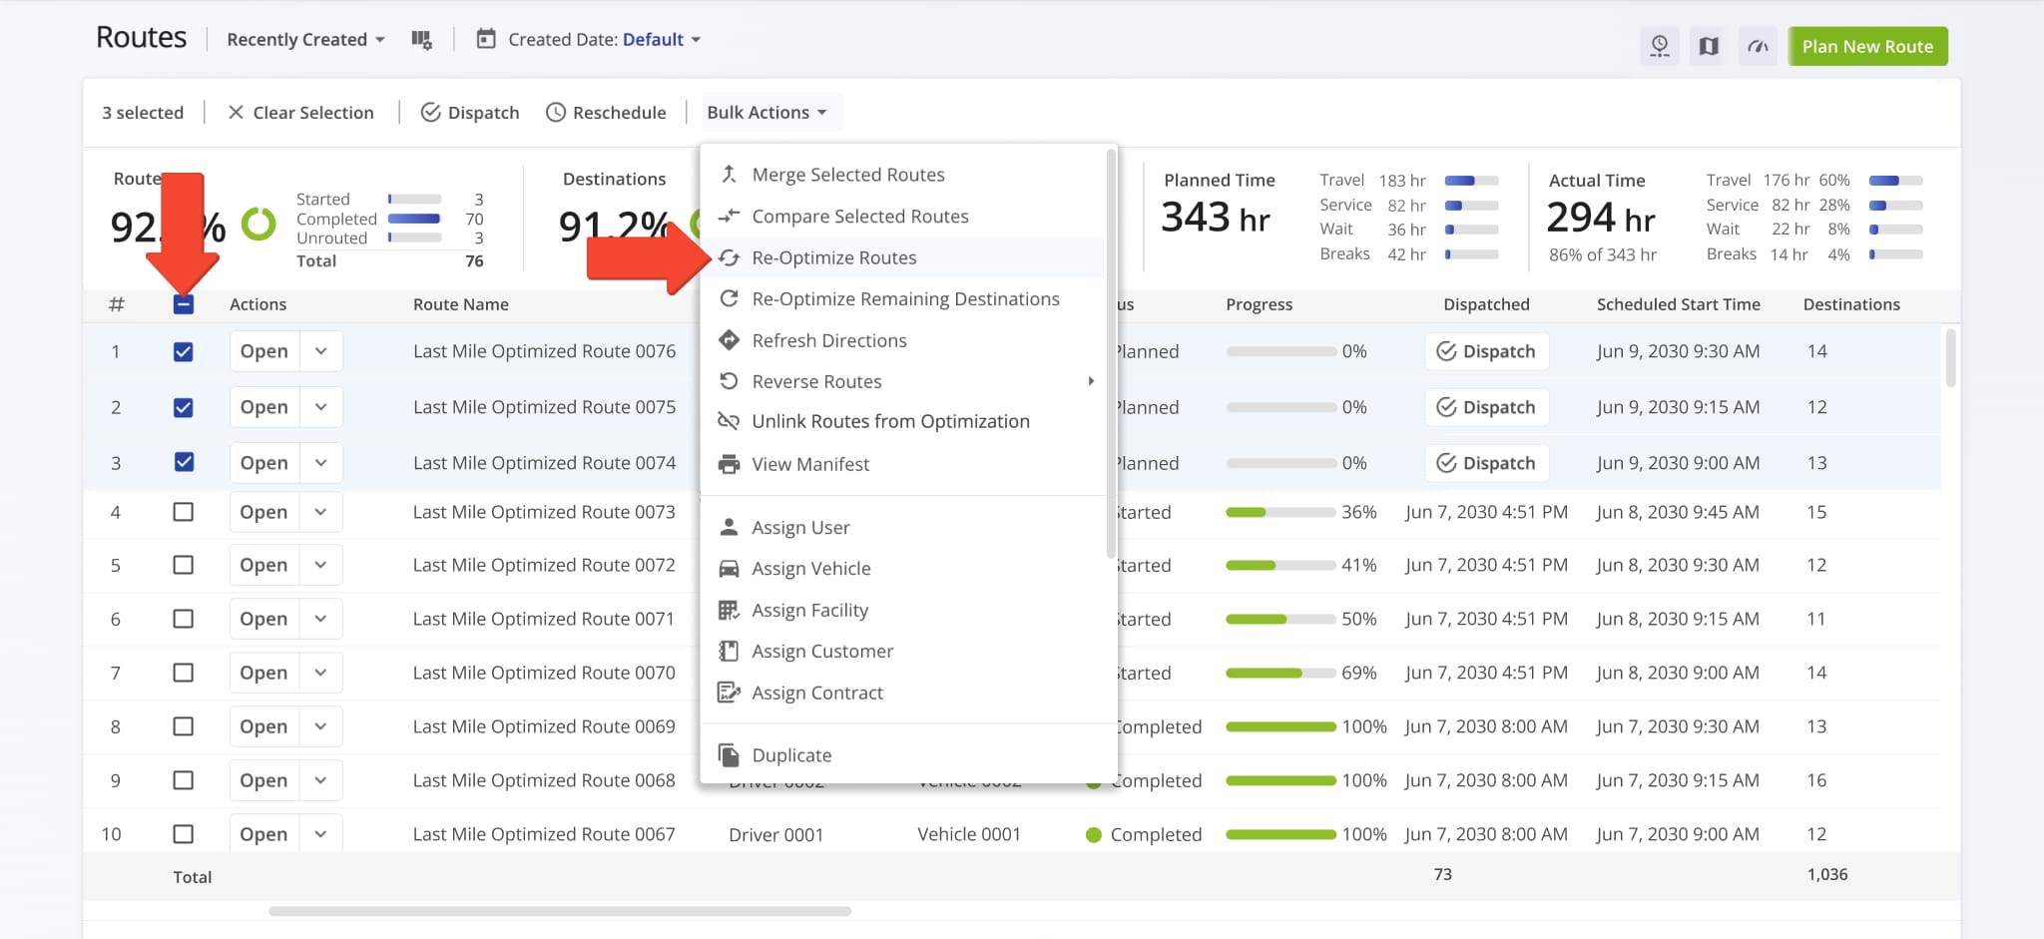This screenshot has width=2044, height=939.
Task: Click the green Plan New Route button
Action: coord(1866,46)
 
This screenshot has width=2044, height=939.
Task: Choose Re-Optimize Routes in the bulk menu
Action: coord(833,257)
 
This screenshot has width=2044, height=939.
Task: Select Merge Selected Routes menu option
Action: coord(847,175)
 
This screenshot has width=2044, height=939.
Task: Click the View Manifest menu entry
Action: coord(809,464)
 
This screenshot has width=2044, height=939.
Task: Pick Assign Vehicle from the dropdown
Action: coord(810,569)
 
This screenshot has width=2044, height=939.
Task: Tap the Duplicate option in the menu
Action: coord(790,755)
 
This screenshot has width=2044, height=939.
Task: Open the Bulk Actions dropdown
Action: coord(766,113)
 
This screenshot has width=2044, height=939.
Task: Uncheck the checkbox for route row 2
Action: coord(184,407)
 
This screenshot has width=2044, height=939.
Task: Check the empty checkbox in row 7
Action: coord(184,673)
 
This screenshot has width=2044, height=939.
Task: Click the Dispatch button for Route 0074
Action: coord(1486,463)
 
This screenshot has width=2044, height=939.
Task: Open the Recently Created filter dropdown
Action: coord(304,40)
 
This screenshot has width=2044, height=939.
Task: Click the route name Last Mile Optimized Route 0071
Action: coord(543,619)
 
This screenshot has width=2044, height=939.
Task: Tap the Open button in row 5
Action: coord(263,565)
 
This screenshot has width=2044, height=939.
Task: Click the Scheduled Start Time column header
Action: coord(1678,304)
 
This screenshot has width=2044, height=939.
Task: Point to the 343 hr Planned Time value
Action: coord(1215,218)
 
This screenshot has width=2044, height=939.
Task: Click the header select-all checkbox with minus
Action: coord(184,304)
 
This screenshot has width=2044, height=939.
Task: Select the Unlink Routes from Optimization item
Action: coord(889,422)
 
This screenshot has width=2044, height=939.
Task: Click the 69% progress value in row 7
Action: coord(1358,673)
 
